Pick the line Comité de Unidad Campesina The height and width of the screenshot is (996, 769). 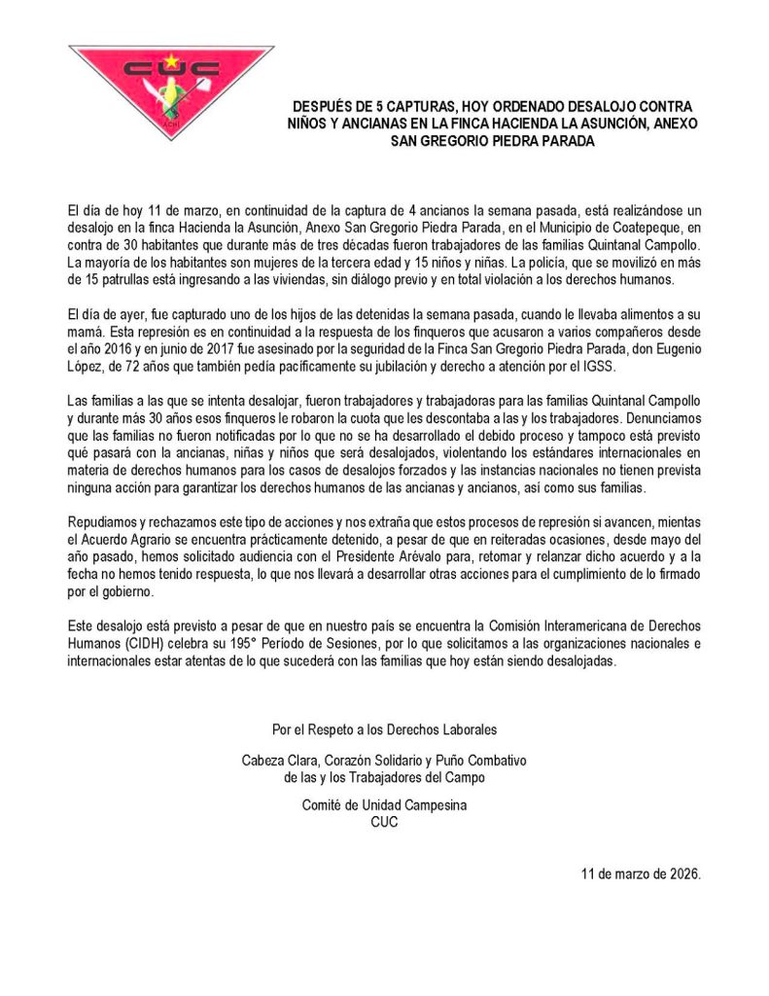(x=384, y=805)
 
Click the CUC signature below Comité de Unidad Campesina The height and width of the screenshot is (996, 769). (x=384, y=822)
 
